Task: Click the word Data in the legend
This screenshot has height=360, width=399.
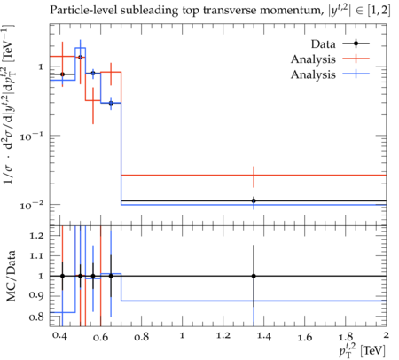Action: tap(324, 44)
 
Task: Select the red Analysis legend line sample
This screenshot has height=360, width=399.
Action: tap(356, 59)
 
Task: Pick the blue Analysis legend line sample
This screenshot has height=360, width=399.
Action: tap(356, 74)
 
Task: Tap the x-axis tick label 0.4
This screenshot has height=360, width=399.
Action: tap(60, 336)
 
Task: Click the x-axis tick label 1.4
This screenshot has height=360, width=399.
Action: tap(264, 336)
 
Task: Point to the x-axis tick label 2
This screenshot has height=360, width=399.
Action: tap(386, 335)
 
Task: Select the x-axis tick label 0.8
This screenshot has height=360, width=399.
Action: tap(142, 336)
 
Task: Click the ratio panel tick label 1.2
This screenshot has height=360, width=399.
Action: tap(36, 236)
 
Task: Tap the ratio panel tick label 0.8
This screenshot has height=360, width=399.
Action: tap(36, 317)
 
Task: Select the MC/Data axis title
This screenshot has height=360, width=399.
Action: tap(12, 276)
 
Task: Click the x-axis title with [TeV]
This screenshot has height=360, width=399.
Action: tap(363, 350)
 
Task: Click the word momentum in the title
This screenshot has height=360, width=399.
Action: tap(290, 12)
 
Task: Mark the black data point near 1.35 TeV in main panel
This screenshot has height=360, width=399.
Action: tap(254, 200)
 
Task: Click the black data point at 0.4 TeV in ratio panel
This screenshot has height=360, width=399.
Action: tap(62, 276)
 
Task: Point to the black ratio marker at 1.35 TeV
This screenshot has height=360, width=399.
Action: tap(254, 276)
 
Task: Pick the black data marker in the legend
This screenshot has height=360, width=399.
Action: tap(356, 43)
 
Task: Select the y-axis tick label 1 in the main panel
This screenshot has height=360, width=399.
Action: tap(41, 67)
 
